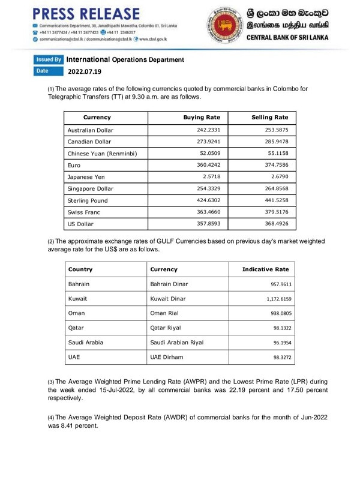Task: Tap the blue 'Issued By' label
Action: click(x=49, y=60)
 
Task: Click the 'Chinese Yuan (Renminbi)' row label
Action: click(x=102, y=154)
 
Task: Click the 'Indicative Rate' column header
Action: click(x=265, y=269)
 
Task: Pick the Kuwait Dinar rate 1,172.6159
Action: click(x=272, y=299)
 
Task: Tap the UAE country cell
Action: click(x=75, y=357)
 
